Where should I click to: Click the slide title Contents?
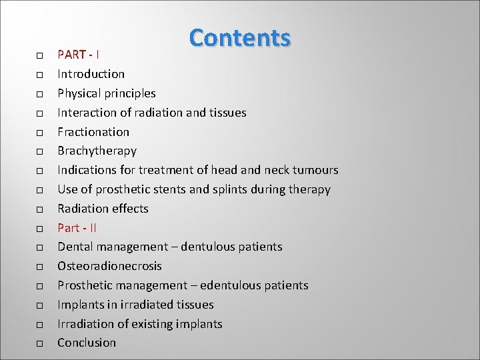pos(240,38)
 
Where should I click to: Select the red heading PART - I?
pos(78,54)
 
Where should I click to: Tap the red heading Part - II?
pos(77,227)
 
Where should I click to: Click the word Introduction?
pos(91,73)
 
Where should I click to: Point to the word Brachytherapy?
pos(97,151)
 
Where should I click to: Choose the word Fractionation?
pos(93,131)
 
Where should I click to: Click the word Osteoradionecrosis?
pos(109,266)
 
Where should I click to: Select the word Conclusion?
pos(87,343)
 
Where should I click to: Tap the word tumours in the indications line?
pos(315,170)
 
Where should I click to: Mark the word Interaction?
pos(87,112)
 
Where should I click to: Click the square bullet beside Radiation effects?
pos(40,209)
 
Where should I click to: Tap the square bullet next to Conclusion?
pos(40,343)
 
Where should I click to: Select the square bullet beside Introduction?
pos(40,74)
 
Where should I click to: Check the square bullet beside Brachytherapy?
pos(40,151)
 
